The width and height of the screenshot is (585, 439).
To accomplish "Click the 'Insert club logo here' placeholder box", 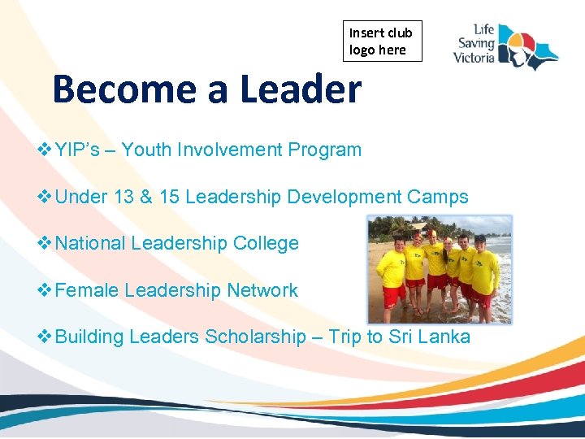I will pyautogui.click(x=382, y=41).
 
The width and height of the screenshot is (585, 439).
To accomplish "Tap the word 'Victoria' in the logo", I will pyautogui.click(x=474, y=58).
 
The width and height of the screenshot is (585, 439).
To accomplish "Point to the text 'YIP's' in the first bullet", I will pyautogui.click(x=81, y=150).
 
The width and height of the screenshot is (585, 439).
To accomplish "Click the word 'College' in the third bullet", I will pyautogui.click(x=266, y=243).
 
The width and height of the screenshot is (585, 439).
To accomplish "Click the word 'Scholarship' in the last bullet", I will pyautogui.click(x=254, y=337).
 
